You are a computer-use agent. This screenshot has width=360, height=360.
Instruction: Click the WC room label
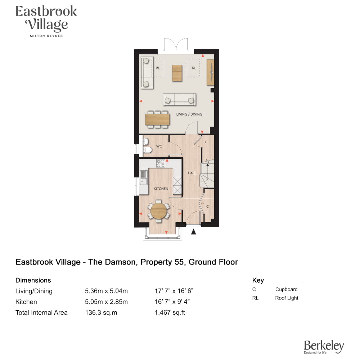coord(159,146)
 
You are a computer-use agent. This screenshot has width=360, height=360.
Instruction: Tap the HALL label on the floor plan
coord(192,173)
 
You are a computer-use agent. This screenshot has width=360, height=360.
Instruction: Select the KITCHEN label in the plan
coord(161,189)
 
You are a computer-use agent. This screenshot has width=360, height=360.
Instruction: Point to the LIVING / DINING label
coord(189,114)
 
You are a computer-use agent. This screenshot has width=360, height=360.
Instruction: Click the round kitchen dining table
coord(159,211)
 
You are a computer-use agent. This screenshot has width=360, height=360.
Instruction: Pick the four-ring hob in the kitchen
coord(161,163)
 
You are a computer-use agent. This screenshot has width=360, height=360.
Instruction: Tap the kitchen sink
coord(144,178)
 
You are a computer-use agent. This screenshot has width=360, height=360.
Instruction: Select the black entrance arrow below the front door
coord(194,232)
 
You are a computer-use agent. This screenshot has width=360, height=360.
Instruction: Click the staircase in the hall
coord(207,174)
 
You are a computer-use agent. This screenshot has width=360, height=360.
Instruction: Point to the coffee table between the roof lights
coord(177,73)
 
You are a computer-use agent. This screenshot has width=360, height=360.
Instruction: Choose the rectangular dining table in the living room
coord(158,120)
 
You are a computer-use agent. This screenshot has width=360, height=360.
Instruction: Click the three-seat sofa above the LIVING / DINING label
coord(179,99)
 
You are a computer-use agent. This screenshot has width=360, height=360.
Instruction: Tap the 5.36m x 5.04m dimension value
coord(106,291)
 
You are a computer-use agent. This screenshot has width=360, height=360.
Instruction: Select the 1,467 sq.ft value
coord(170,312)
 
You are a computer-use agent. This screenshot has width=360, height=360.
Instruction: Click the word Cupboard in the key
coord(286,289)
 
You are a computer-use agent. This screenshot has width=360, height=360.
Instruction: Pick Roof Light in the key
coord(287,298)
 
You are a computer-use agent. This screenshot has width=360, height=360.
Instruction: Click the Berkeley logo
coord(324,347)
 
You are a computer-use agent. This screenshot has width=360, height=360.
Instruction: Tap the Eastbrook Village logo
coord(46,21)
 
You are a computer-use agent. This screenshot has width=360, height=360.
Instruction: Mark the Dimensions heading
coord(33,280)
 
